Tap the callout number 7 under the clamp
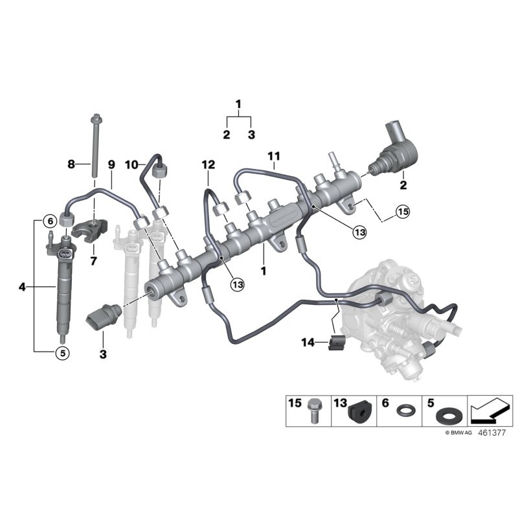[x=93, y=261]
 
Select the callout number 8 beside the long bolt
[x=71, y=164]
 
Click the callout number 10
[x=131, y=164]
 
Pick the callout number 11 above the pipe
[x=273, y=155]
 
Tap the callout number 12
[x=207, y=165]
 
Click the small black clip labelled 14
[x=335, y=343]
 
